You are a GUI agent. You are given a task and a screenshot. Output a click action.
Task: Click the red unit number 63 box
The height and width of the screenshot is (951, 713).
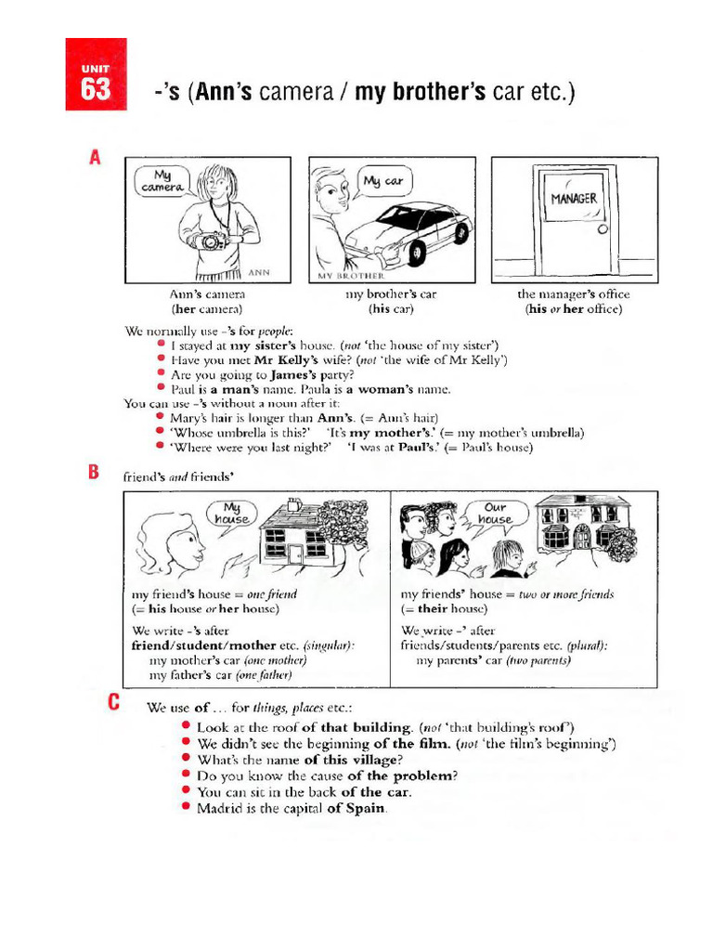96,74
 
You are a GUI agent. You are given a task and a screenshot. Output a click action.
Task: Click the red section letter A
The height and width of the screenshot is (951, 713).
95,159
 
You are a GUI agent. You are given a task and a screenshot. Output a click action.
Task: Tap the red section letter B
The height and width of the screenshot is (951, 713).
94,473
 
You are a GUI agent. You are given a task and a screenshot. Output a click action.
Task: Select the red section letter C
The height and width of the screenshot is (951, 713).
114,702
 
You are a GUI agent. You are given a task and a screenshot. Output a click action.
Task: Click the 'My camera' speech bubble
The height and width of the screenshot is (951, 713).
162,180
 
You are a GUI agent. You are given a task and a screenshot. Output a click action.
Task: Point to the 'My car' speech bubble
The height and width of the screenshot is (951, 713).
382,181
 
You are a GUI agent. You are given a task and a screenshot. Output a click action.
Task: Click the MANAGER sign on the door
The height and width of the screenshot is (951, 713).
573,199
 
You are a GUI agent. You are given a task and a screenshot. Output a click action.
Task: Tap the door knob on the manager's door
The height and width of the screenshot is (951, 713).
603,229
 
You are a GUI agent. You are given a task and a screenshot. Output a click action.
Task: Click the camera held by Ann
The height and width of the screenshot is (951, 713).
211,241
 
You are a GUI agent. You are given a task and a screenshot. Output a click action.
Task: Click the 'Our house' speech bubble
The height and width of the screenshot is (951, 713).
495,514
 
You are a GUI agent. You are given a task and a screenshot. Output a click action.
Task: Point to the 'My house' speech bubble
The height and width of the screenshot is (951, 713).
232,514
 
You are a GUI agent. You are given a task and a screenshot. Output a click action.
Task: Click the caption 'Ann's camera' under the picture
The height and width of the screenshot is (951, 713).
206,294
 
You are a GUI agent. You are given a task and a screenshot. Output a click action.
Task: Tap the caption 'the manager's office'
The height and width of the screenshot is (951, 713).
573,294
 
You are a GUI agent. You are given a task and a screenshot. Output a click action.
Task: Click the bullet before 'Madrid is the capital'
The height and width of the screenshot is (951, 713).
187,807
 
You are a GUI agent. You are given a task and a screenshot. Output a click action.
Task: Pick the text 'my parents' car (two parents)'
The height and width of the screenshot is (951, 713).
493,660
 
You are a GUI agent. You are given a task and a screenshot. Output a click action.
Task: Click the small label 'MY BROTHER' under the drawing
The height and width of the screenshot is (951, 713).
350,277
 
